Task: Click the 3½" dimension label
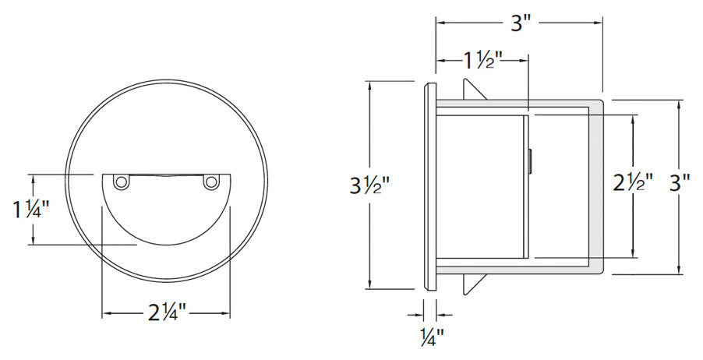point(369,186)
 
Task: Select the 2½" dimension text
point(632,185)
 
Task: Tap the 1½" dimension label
point(482,60)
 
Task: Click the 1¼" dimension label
point(32,210)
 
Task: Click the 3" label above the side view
point(520,23)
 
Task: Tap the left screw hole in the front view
point(121,182)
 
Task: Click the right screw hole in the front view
point(210,182)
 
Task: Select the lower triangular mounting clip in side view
point(472,281)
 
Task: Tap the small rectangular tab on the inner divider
point(531,161)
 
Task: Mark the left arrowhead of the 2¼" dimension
point(106,314)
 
